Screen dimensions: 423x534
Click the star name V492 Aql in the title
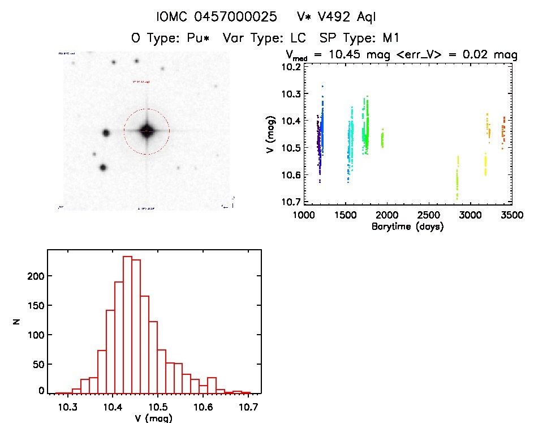(x=345, y=17)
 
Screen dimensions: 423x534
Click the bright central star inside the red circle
(x=147, y=131)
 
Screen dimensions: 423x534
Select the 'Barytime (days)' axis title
(x=407, y=227)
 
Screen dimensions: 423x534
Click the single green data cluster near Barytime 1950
(x=382, y=139)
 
